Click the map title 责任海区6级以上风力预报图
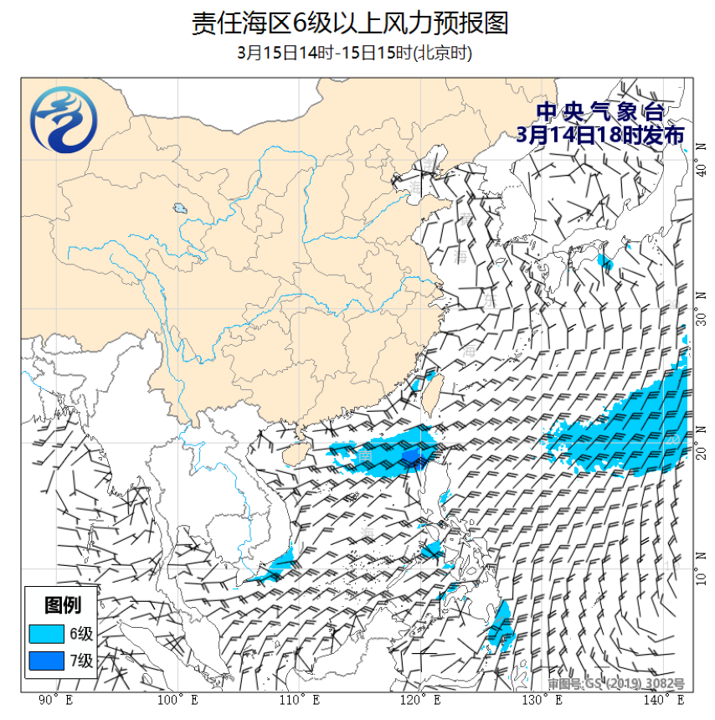[350, 23]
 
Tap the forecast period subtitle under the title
[354, 54]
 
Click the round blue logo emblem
[64, 123]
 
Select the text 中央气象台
[599, 111]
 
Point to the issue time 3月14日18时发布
[599, 136]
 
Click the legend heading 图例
[63, 605]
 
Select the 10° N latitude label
[702, 578]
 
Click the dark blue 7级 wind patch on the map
[411, 455]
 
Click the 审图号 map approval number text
[616, 684]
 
